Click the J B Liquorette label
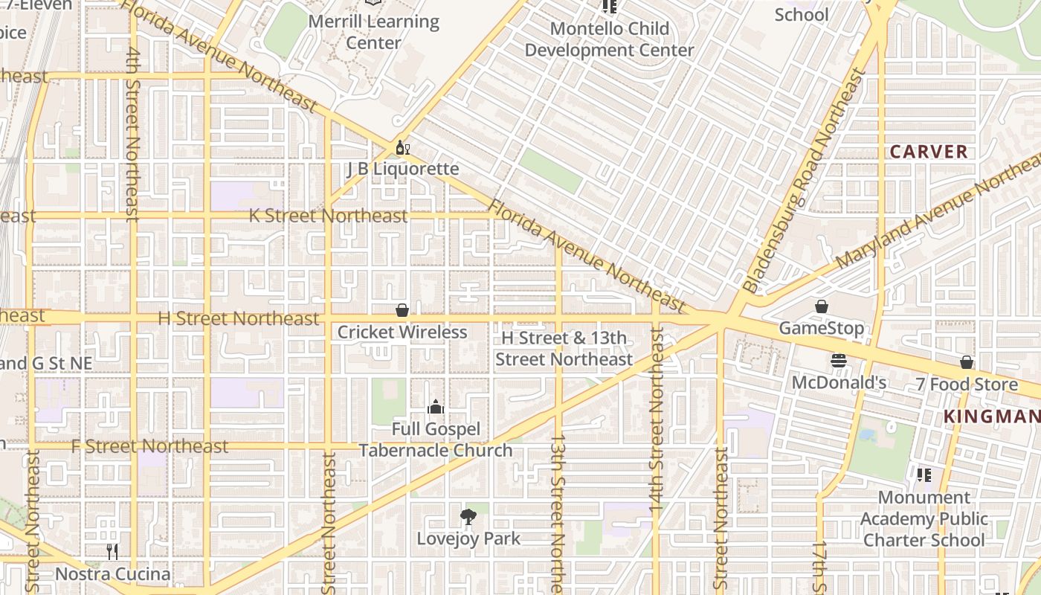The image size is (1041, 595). [403, 169]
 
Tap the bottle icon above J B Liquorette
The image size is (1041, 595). [402, 147]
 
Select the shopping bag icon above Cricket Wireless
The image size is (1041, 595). [402, 310]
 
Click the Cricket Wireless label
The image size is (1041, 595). [402, 332]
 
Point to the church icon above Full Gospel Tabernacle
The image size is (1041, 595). [436, 407]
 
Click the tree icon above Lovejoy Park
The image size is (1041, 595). [468, 516]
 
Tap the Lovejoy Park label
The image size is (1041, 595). [468, 538]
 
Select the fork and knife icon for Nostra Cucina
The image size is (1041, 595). [112, 552]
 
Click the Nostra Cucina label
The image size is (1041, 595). [113, 574]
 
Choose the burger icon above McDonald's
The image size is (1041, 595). [839, 361]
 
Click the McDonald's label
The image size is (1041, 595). [839, 383]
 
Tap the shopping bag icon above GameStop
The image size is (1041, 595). [822, 306]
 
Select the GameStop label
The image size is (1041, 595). [822, 328]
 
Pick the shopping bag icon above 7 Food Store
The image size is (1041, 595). [967, 362]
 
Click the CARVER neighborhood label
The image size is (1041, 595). [929, 152]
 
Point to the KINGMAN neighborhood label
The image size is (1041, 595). [991, 416]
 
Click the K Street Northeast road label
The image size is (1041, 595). [328, 216]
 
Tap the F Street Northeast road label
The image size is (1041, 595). [149, 446]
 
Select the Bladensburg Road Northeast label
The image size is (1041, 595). [805, 181]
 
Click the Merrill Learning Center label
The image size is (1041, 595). [373, 32]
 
